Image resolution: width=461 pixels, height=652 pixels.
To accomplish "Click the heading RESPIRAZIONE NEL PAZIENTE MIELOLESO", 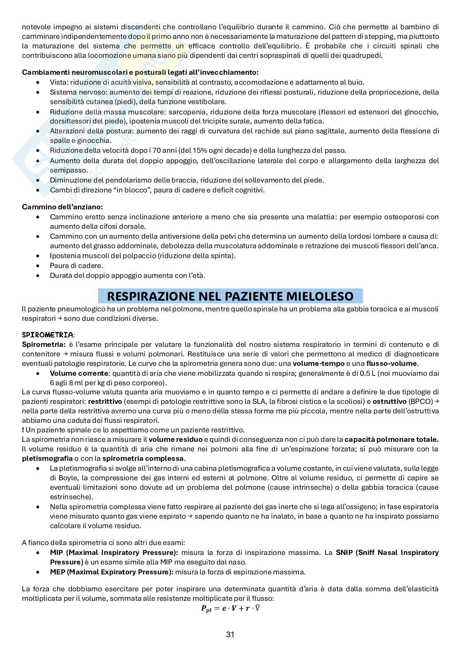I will click(230, 296).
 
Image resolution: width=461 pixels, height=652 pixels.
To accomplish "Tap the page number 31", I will click(230, 635).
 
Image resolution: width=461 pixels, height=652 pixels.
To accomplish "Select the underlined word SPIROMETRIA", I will click(48, 334).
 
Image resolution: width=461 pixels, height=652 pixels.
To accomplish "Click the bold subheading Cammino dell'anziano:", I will click(62, 206).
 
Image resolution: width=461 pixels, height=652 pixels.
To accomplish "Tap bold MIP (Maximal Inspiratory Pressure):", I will click(114, 552).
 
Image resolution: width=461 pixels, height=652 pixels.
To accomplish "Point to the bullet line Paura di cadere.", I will click(76, 266).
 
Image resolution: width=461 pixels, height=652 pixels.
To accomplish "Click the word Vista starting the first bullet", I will click(58, 82).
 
